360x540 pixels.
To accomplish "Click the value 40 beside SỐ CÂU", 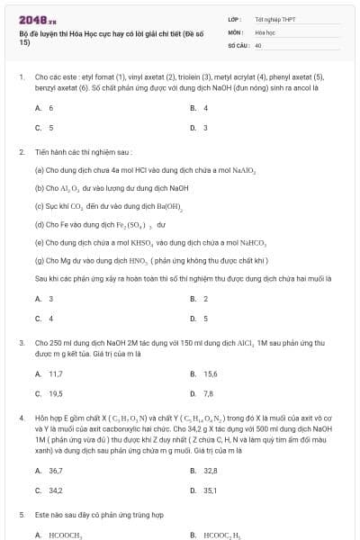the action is (x=258, y=44).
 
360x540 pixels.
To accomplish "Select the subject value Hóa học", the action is (x=265, y=31).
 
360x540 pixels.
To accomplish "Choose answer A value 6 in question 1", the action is (x=50, y=107).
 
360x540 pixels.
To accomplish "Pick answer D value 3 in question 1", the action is (x=205, y=127).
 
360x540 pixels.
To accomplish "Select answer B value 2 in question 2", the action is (x=205, y=299).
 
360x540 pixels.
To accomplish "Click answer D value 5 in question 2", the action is (x=205, y=318).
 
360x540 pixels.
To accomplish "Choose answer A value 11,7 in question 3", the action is (x=55, y=373).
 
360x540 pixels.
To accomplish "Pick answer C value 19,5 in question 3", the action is (x=55, y=393).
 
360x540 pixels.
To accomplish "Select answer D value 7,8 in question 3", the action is (x=208, y=393).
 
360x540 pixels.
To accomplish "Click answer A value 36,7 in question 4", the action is (x=55, y=471).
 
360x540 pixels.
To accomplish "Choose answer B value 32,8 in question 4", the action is (x=211, y=471).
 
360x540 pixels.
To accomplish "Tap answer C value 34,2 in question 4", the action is (x=55, y=490).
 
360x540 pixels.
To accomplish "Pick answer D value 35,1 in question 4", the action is (x=211, y=490).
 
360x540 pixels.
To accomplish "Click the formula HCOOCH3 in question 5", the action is (x=65, y=535).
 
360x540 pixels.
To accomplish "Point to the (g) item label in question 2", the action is (x=39, y=260).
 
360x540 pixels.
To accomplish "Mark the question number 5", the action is (x=21, y=515).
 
